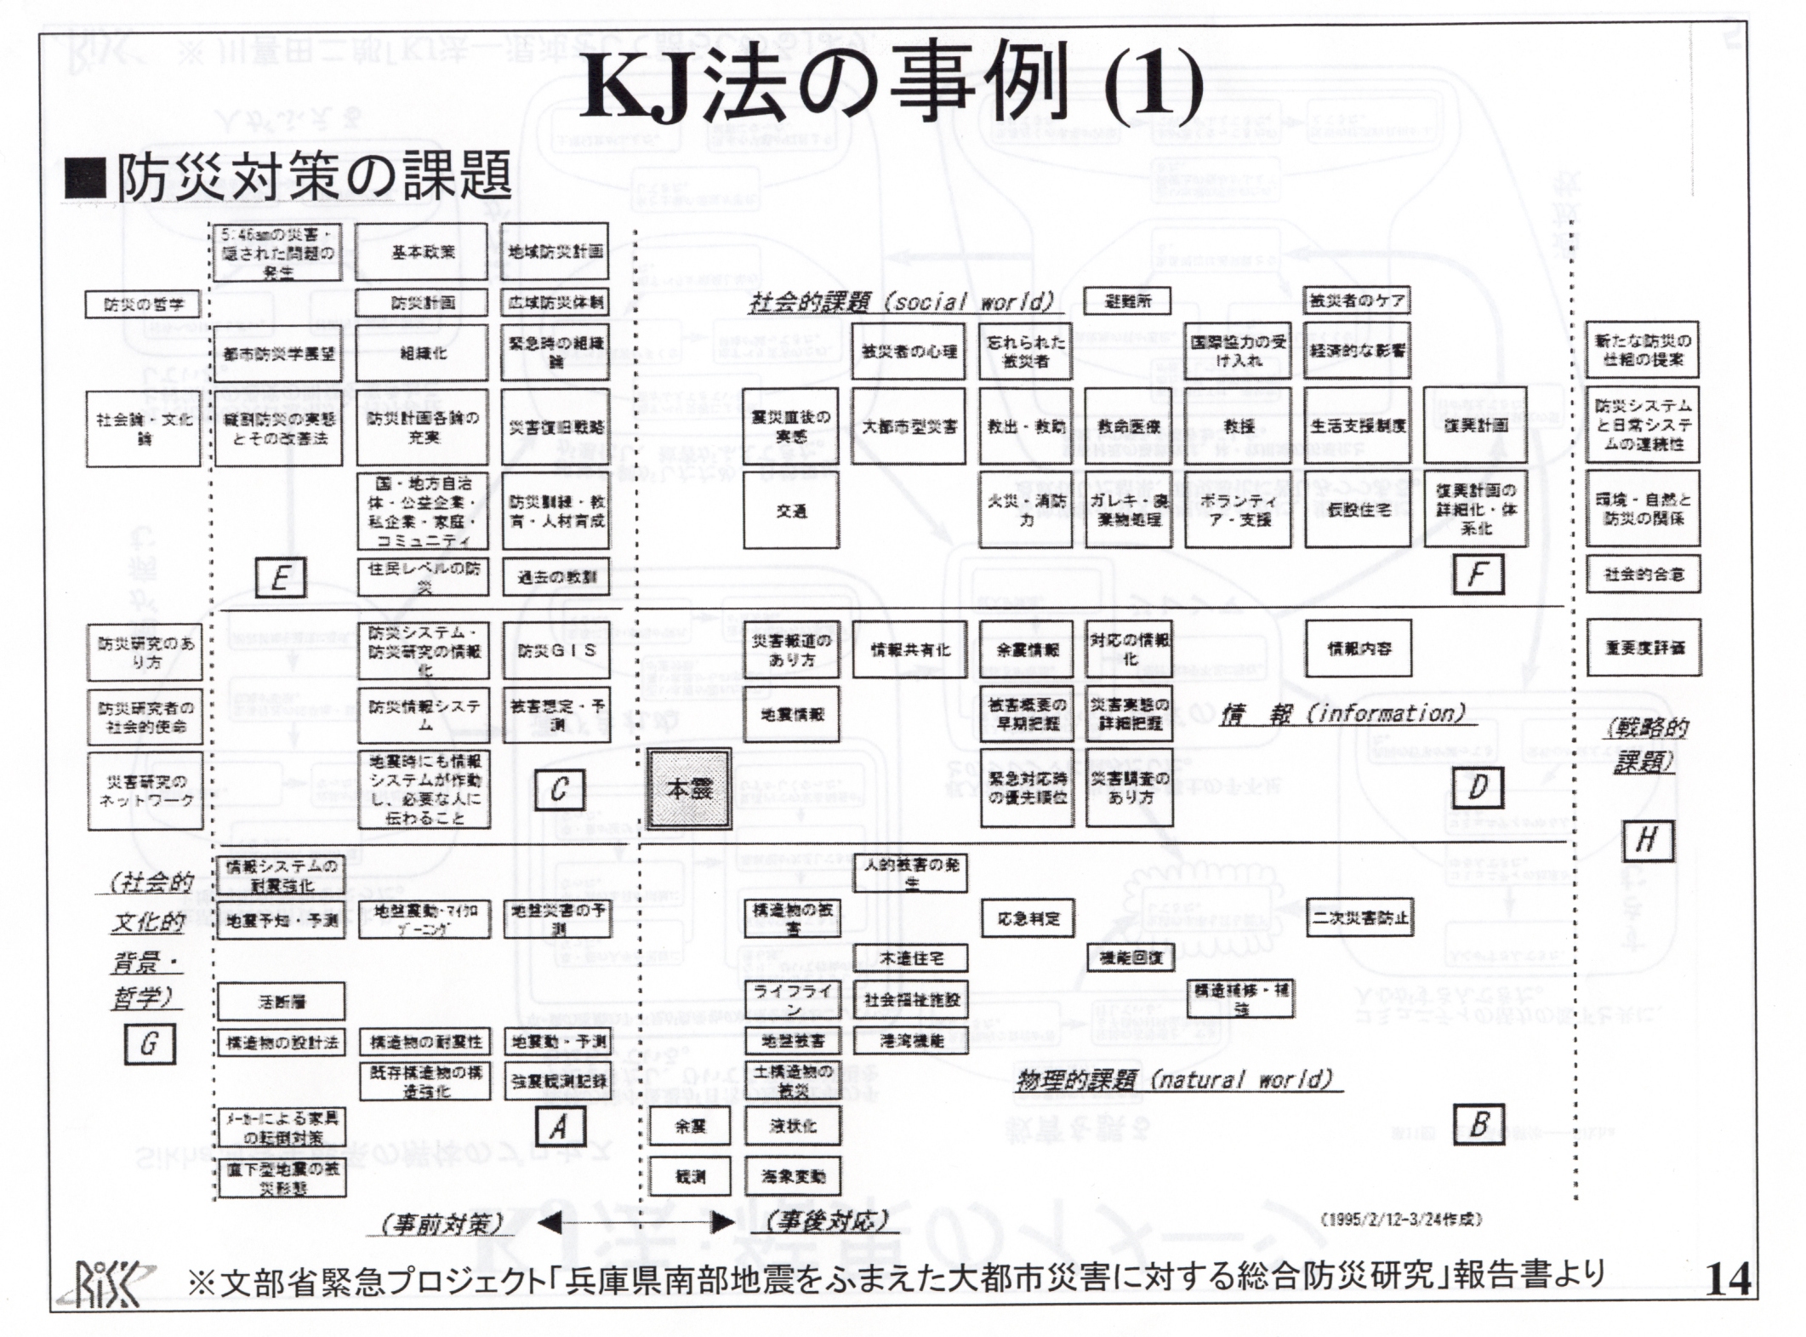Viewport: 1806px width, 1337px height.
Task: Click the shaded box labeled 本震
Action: (x=689, y=789)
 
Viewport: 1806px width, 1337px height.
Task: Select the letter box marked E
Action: (x=280, y=578)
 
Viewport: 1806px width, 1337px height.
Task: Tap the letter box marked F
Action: (x=1477, y=574)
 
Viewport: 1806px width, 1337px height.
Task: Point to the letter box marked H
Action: (x=1647, y=841)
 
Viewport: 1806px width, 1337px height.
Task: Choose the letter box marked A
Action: (x=559, y=1127)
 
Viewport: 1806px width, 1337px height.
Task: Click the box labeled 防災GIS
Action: (x=556, y=650)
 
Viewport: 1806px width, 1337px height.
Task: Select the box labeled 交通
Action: (x=790, y=510)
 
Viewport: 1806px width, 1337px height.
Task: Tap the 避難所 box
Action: (x=1127, y=301)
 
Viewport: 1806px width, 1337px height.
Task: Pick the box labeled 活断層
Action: (x=281, y=1002)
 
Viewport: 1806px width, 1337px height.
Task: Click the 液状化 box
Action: (x=792, y=1126)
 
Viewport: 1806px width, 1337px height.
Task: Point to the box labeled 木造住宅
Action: (x=910, y=957)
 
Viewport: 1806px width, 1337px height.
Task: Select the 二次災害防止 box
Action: (x=1359, y=918)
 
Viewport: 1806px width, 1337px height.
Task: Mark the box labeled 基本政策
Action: (x=422, y=252)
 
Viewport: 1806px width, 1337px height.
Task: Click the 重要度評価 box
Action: (x=1644, y=648)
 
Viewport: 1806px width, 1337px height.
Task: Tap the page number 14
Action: (x=1728, y=1279)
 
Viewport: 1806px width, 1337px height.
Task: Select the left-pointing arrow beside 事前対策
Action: (x=550, y=1224)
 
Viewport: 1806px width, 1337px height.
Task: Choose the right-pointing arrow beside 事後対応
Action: (x=721, y=1224)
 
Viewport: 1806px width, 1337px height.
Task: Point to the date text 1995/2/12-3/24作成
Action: (x=1400, y=1219)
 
